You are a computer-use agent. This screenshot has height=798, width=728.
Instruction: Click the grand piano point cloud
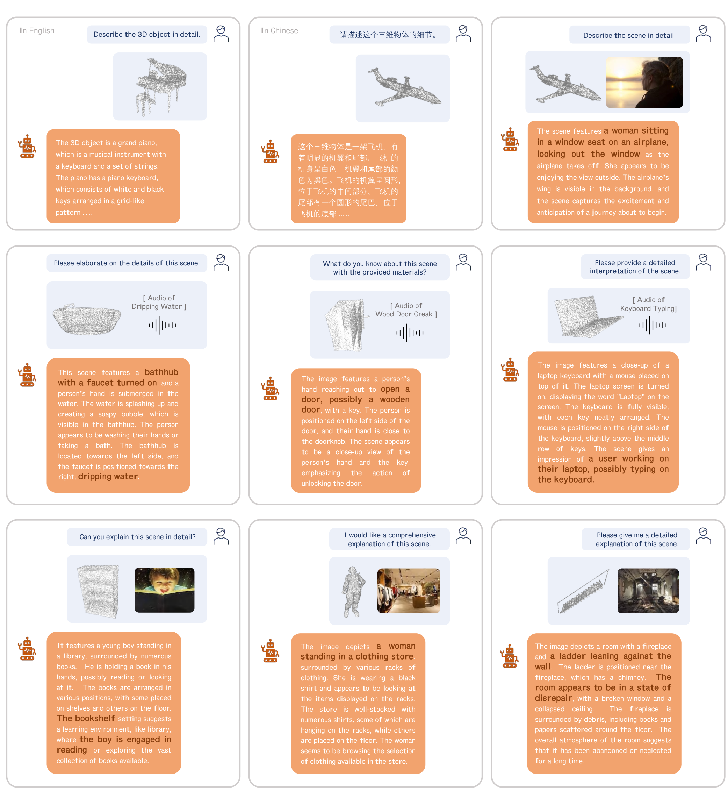click(x=160, y=87)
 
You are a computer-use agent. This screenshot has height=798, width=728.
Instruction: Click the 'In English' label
click(x=37, y=30)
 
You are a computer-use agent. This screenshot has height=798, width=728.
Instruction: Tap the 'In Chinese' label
click(x=279, y=30)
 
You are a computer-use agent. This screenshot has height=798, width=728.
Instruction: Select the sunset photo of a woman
click(x=644, y=82)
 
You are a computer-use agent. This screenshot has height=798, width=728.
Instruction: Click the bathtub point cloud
click(x=87, y=319)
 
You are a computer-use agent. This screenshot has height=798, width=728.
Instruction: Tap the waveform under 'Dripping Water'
click(x=162, y=325)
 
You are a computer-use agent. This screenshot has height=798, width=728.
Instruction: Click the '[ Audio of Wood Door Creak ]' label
click(x=406, y=310)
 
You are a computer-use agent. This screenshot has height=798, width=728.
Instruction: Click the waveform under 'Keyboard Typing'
click(x=653, y=325)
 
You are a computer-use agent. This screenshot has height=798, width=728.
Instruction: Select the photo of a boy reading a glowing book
click(x=164, y=590)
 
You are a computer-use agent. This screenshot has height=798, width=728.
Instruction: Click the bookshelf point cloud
click(x=99, y=591)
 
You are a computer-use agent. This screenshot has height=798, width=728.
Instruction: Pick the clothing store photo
click(x=408, y=591)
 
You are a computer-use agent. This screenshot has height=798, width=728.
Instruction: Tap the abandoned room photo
click(x=648, y=591)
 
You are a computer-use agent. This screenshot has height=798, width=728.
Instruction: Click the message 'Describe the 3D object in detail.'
click(x=147, y=34)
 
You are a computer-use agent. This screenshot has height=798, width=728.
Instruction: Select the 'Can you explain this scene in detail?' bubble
click(x=137, y=537)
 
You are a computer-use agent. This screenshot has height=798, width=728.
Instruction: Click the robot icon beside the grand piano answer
click(x=27, y=146)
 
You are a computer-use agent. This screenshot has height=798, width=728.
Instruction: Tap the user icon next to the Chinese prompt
click(x=463, y=34)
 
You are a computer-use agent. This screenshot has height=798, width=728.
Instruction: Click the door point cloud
click(x=345, y=325)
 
